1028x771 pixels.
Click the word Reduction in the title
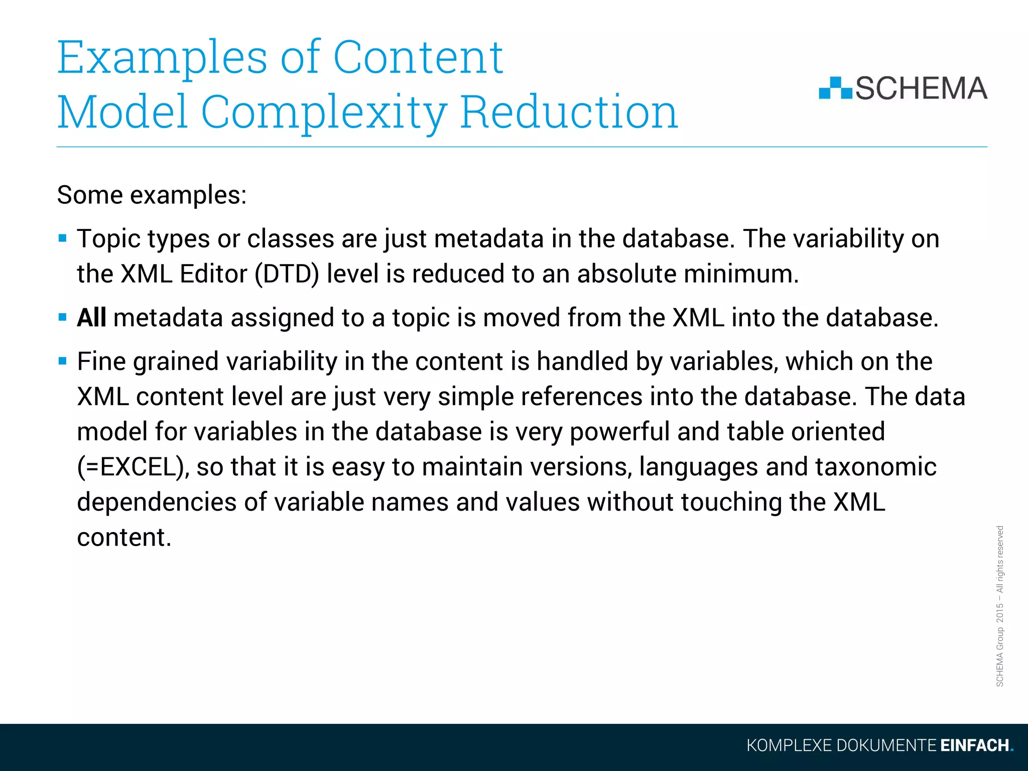point(568,112)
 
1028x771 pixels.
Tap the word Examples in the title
point(162,58)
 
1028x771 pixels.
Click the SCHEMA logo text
point(921,89)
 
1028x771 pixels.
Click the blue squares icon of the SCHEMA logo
point(835,88)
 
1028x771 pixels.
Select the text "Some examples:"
point(152,195)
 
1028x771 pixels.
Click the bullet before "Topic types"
point(63,238)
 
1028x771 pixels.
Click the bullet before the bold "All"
point(63,317)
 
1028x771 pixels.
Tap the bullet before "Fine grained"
point(63,361)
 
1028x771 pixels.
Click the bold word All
point(91,318)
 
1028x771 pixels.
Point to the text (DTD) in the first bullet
point(287,274)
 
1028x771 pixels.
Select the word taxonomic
point(875,467)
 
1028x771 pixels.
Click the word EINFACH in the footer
point(974,745)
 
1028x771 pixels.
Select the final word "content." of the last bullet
point(124,537)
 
